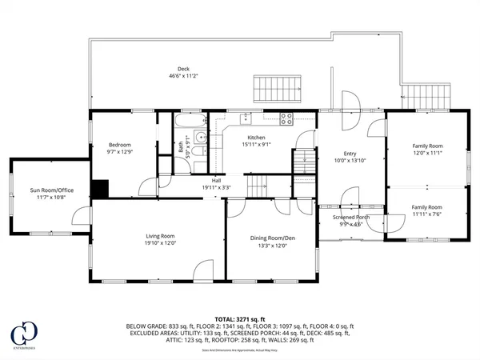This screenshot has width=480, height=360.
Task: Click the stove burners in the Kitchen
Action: [x=286, y=118]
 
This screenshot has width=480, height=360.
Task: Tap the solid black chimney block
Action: [x=99, y=189]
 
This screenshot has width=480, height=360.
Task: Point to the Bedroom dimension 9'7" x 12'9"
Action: [x=120, y=152]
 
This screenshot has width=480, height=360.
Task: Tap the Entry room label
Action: [x=350, y=154]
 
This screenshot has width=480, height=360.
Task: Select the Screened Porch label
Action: [x=350, y=217]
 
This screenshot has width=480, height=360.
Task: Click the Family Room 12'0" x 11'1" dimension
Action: [x=426, y=154]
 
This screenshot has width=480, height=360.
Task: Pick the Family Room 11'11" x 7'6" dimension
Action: [x=426, y=214]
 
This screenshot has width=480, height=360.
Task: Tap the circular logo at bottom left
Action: [x=22, y=332]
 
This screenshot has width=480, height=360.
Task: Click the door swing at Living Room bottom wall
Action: [x=203, y=270]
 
